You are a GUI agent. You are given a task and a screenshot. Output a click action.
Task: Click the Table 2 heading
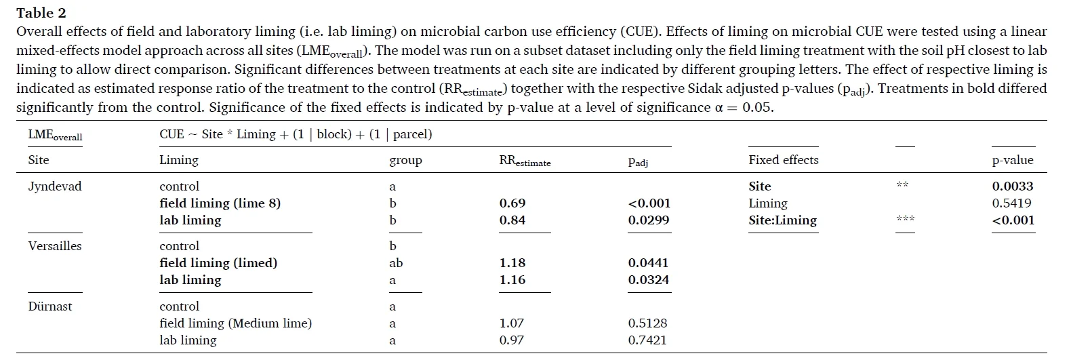coord(41,13)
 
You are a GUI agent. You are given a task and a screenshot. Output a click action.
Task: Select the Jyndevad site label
coord(55,186)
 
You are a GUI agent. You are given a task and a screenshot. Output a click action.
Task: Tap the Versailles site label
coord(55,246)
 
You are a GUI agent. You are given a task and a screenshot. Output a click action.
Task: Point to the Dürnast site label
coord(50,306)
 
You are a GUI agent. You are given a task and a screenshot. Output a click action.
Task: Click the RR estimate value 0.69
coord(512,203)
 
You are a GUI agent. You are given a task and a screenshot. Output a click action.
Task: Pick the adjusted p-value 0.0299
coord(649,220)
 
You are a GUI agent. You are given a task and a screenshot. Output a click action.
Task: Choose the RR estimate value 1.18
coord(512,263)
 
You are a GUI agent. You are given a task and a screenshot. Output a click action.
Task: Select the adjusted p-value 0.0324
coord(649,280)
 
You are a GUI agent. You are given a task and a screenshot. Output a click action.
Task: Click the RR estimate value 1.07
coord(512,323)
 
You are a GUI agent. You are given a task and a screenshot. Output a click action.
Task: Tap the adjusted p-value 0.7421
coord(647,340)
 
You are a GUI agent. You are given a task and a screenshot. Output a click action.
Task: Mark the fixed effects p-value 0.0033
coord(1013,186)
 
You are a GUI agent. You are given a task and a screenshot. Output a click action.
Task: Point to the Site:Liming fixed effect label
coord(782,220)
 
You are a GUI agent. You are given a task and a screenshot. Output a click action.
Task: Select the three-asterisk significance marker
coord(905,218)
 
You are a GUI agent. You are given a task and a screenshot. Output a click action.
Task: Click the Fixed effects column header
coord(783,160)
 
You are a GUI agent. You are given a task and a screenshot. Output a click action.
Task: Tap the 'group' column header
coord(405,161)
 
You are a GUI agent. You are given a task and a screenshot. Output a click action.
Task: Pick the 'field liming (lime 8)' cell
coord(220,203)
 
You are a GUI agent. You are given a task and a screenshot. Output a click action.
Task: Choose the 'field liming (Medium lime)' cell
coord(235,323)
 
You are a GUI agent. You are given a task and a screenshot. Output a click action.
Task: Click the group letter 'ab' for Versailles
coord(396,263)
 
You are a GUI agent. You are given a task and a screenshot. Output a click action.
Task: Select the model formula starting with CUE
coord(296,134)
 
